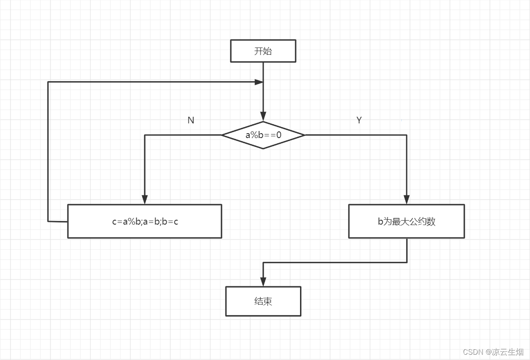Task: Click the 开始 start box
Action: [x=263, y=51]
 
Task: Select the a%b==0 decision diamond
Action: [x=263, y=135]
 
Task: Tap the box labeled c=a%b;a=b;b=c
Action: [x=145, y=221]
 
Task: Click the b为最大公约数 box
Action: [x=406, y=221]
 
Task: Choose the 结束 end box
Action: [x=263, y=301]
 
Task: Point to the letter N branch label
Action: [x=191, y=120]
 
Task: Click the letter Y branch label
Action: [x=359, y=120]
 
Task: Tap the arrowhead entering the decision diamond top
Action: [x=263, y=117]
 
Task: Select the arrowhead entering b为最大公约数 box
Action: [x=407, y=200]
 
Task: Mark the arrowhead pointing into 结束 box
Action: [x=263, y=282]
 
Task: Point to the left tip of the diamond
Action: [x=222, y=135]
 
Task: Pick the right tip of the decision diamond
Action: [x=305, y=135]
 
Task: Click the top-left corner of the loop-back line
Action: [x=48, y=82]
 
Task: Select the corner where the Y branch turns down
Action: [x=407, y=135]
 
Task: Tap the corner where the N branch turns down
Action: [x=145, y=135]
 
